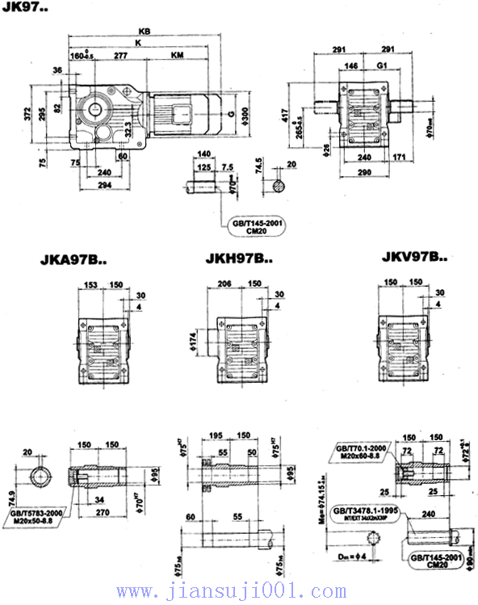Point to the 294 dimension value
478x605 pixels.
(106, 185)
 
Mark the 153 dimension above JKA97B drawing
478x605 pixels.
(90, 284)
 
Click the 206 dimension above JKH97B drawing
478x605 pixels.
(225, 284)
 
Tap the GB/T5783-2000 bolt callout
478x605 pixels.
(36, 515)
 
